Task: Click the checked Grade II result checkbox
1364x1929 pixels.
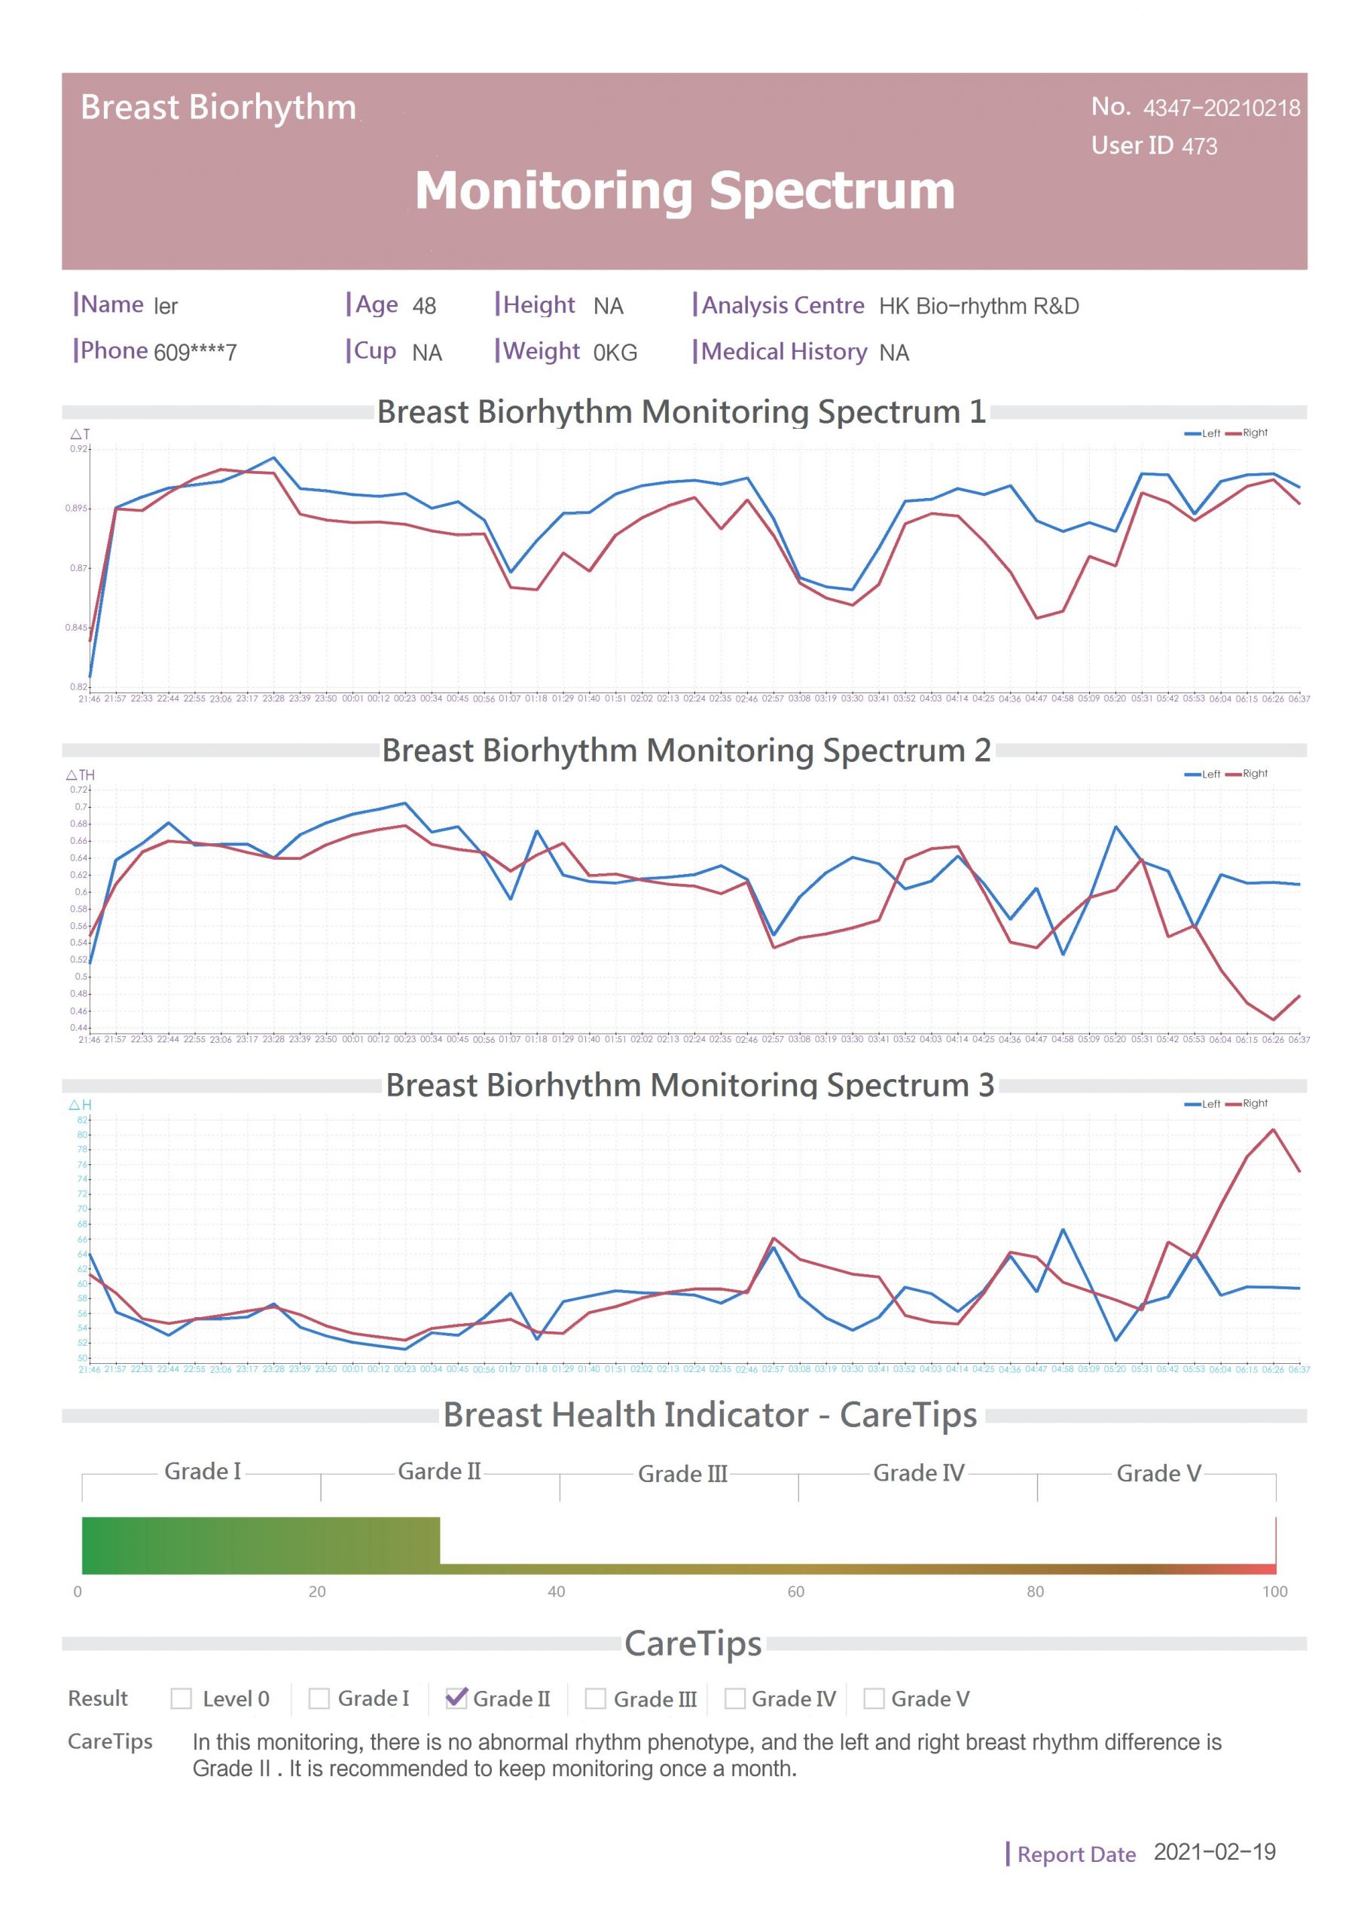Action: click(456, 1698)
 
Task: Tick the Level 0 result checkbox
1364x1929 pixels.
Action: click(181, 1698)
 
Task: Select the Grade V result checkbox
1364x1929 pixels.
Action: click(874, 1698)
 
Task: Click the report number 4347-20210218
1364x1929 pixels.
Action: click(1220, 109)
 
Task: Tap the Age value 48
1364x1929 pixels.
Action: click(424, 306)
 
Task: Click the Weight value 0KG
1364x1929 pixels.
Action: click(615, 353)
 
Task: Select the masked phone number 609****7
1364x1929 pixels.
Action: click(195, 352)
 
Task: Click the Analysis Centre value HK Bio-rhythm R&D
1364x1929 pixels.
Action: click(978, 306)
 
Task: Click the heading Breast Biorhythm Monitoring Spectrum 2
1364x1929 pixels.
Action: click(686, 751)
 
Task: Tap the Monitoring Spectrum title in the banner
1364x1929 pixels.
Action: click(685, 191)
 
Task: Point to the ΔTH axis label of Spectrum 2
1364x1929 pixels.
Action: click(81, 775)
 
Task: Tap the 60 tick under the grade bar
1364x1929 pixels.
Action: click(795, 1591)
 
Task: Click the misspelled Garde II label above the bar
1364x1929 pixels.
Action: click(439, 1471)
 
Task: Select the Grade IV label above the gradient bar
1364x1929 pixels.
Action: click(918, 1473)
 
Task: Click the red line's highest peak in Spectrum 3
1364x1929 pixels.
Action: click(1274, 1130)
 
